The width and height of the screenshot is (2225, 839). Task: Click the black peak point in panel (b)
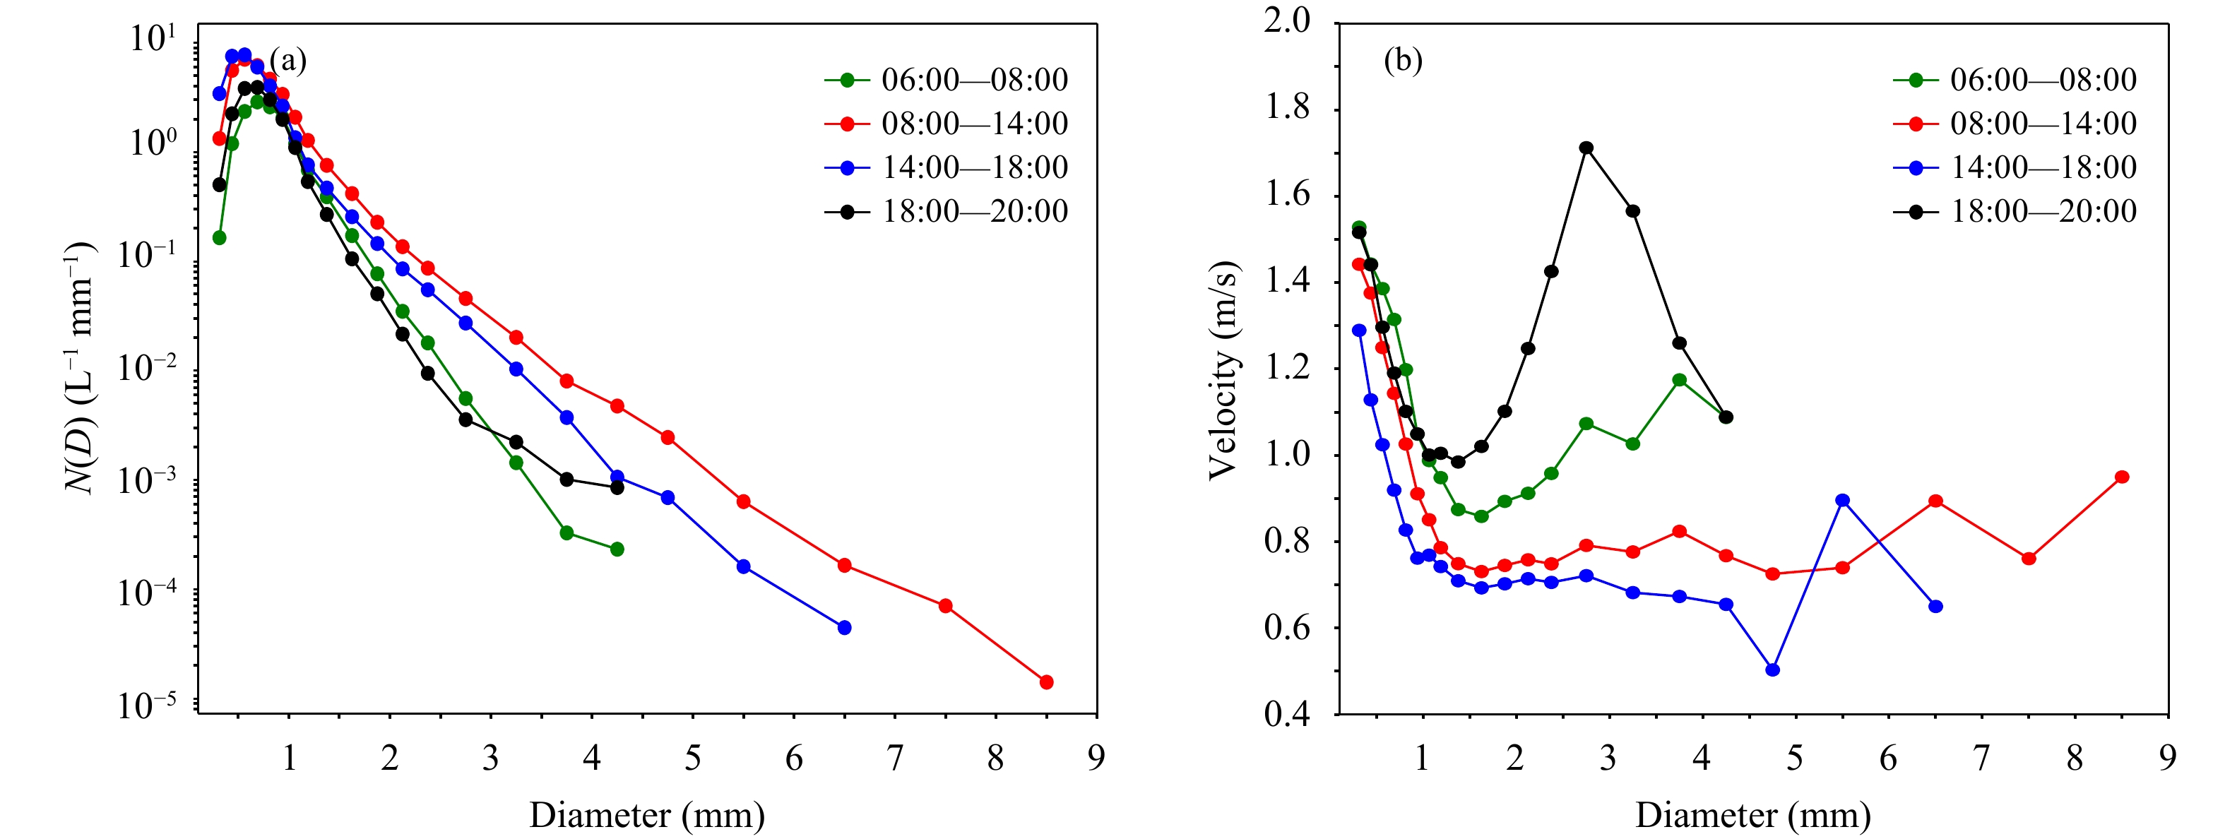(x=1586, y=148)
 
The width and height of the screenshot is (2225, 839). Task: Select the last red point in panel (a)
(x=1046, y=682)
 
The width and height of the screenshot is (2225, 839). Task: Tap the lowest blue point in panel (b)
(x=1772, y=670)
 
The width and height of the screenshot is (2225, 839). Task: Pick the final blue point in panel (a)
(x=845, y=628)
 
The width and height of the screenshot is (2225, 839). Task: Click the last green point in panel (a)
(x=617, y=549)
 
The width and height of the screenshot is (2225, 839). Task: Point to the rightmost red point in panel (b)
(x=2121, y=477)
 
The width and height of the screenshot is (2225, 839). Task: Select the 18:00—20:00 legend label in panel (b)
(x=2043, y=210)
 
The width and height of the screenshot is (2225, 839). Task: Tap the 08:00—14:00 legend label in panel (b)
(x=2043, y=124)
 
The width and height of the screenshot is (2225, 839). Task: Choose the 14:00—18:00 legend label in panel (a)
(x=974, y=167)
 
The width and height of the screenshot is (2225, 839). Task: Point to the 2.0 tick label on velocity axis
(x=1286, y=20)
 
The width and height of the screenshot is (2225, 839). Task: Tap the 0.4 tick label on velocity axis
(x=1286, y=715)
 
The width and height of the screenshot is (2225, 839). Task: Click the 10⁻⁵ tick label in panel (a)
(x=147, y=704)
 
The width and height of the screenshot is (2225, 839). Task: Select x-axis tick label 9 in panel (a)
(x=1096, y=758)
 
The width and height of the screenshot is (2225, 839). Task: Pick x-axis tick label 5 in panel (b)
(x=1795, y=758)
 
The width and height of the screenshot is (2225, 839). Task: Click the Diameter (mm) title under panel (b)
(x=1752, y=815)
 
